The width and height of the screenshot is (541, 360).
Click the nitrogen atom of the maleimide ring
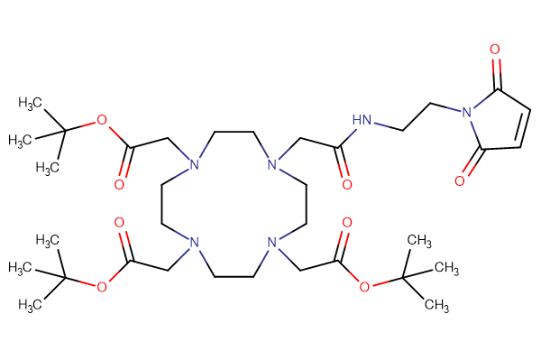point(466,114)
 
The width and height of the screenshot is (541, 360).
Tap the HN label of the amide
point(362,119)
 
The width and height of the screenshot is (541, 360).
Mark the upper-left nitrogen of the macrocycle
point(190,164)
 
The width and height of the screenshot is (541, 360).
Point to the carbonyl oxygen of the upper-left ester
point(120,184)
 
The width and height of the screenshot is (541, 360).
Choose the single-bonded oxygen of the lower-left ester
point(101,287)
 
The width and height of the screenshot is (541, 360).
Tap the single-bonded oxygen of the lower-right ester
point(364,287)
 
